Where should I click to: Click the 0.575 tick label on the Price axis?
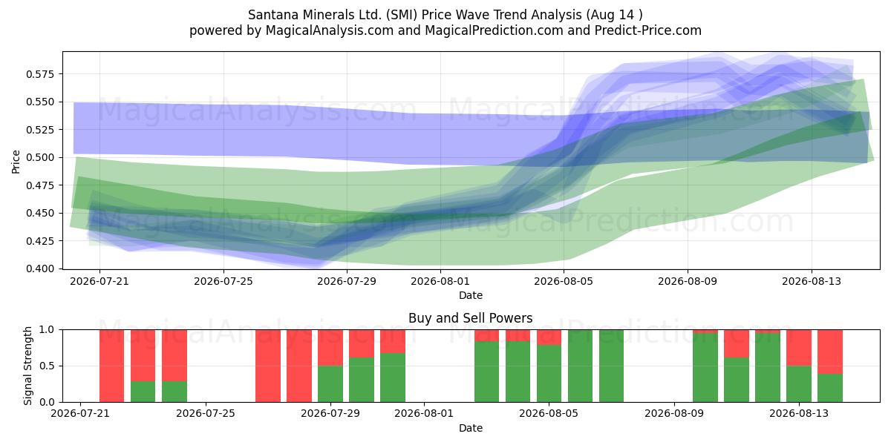click(40, 74)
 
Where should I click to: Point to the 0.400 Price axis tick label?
click(40, 268)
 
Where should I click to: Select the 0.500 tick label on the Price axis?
click(40, 157)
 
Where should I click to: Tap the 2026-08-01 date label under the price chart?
click(440, 281)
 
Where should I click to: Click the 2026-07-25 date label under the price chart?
click(223, 281)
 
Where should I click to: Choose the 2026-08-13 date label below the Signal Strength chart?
click(799, 414)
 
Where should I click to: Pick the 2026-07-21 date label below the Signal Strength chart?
click(80, 414)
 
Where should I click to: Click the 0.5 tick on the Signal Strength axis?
click(48, 366)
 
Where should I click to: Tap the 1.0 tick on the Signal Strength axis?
click(48, 330)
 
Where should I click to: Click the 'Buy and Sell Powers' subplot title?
click(471, 318)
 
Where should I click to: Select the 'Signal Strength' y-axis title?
click(27, 366)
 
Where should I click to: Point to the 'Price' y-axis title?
click(16, 162)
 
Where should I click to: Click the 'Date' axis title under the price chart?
click(471, 295)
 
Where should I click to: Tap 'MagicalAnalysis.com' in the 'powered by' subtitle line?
click(330, 30)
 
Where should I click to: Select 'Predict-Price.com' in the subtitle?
click(648, 30)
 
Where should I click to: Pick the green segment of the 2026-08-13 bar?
click(799, 384)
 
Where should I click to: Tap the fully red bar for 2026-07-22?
click(112, 366)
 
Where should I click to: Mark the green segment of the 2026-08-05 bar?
click(549, 374)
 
